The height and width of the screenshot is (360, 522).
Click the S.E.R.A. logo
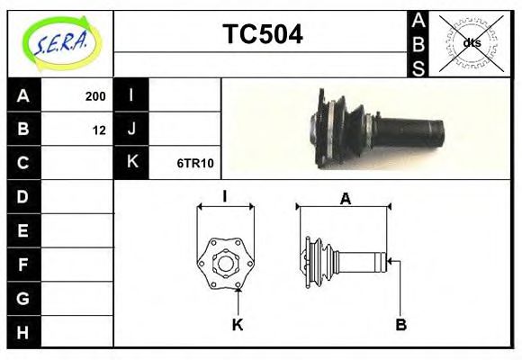pyautogui.click(x=60, y=41)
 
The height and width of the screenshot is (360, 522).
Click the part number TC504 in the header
pyautogui.click(x=262, y=35)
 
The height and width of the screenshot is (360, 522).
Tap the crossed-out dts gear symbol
pyautogui.click(x=472, y=42)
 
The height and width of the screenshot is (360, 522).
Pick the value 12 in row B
pyautogui.click(x=99, y=130)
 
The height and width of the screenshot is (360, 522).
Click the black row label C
pyautogui.click(x=23, y=163)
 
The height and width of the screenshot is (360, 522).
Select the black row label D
pyautogui.click(x=23, y=196)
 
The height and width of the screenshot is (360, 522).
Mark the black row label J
pyautogui.click(x=131, y=130)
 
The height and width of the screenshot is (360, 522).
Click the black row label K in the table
pyautogui.click(x=131, y=163)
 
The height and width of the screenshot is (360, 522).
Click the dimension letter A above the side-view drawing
pyautogui.click(x=345, y=199)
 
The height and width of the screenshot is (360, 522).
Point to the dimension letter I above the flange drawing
pyautogui.click(x=225, y=195)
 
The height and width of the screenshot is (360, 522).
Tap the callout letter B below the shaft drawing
pyautogui.click(x=402, y=324)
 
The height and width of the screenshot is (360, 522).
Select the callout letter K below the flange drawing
pyautogui.click(x=238, y=325)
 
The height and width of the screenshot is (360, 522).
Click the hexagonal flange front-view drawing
pyautogui.click(x=225, y=261)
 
